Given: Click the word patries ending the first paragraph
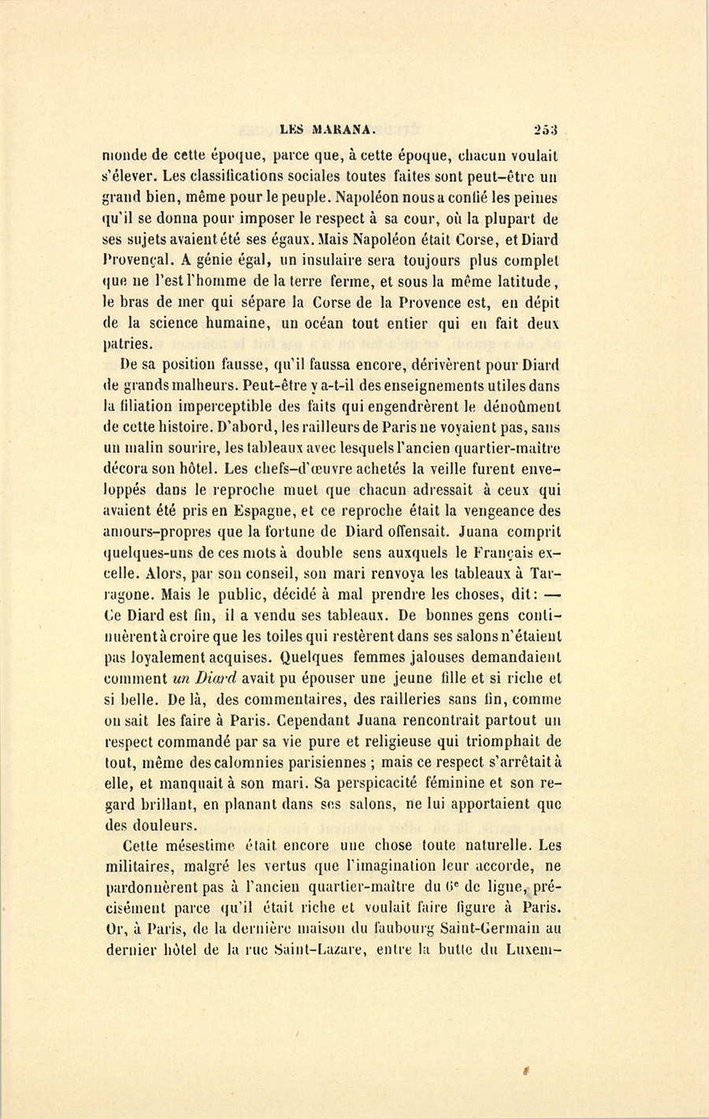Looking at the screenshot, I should click(x=129, y=344).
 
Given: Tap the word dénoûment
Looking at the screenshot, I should click(x=521, y=407).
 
